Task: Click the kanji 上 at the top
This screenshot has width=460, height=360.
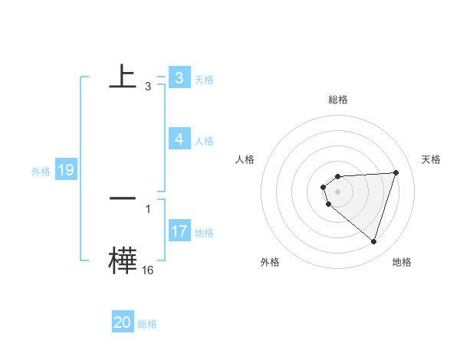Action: [123, 77]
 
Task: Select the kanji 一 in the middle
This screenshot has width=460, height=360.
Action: [123, 198]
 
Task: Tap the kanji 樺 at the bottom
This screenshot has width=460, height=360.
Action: [123, 261]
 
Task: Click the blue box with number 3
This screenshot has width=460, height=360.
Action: [179, 78]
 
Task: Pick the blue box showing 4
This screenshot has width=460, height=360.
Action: [179, 139]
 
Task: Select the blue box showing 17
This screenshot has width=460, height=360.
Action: [179, 231]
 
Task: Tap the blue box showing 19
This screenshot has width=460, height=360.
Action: [66, 170]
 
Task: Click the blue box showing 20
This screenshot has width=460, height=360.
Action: [123, 322]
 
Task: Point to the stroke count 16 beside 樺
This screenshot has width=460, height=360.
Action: [147, 270]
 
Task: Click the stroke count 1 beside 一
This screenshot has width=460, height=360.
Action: [147, 208]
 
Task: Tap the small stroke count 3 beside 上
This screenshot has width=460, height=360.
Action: [147, 87]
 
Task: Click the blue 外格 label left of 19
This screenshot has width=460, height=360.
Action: [41, 172]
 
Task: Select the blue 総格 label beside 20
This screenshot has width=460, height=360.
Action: [147, 324]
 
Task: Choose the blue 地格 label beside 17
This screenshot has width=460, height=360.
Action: [204, 233]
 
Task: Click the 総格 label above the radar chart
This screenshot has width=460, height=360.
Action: [338, 100]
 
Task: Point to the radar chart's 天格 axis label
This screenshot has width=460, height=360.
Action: [432, 159]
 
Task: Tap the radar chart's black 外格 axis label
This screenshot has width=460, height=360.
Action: [270, 263]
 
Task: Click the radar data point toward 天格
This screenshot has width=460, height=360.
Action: [396, 172]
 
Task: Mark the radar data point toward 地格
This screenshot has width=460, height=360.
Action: [374, 241]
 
